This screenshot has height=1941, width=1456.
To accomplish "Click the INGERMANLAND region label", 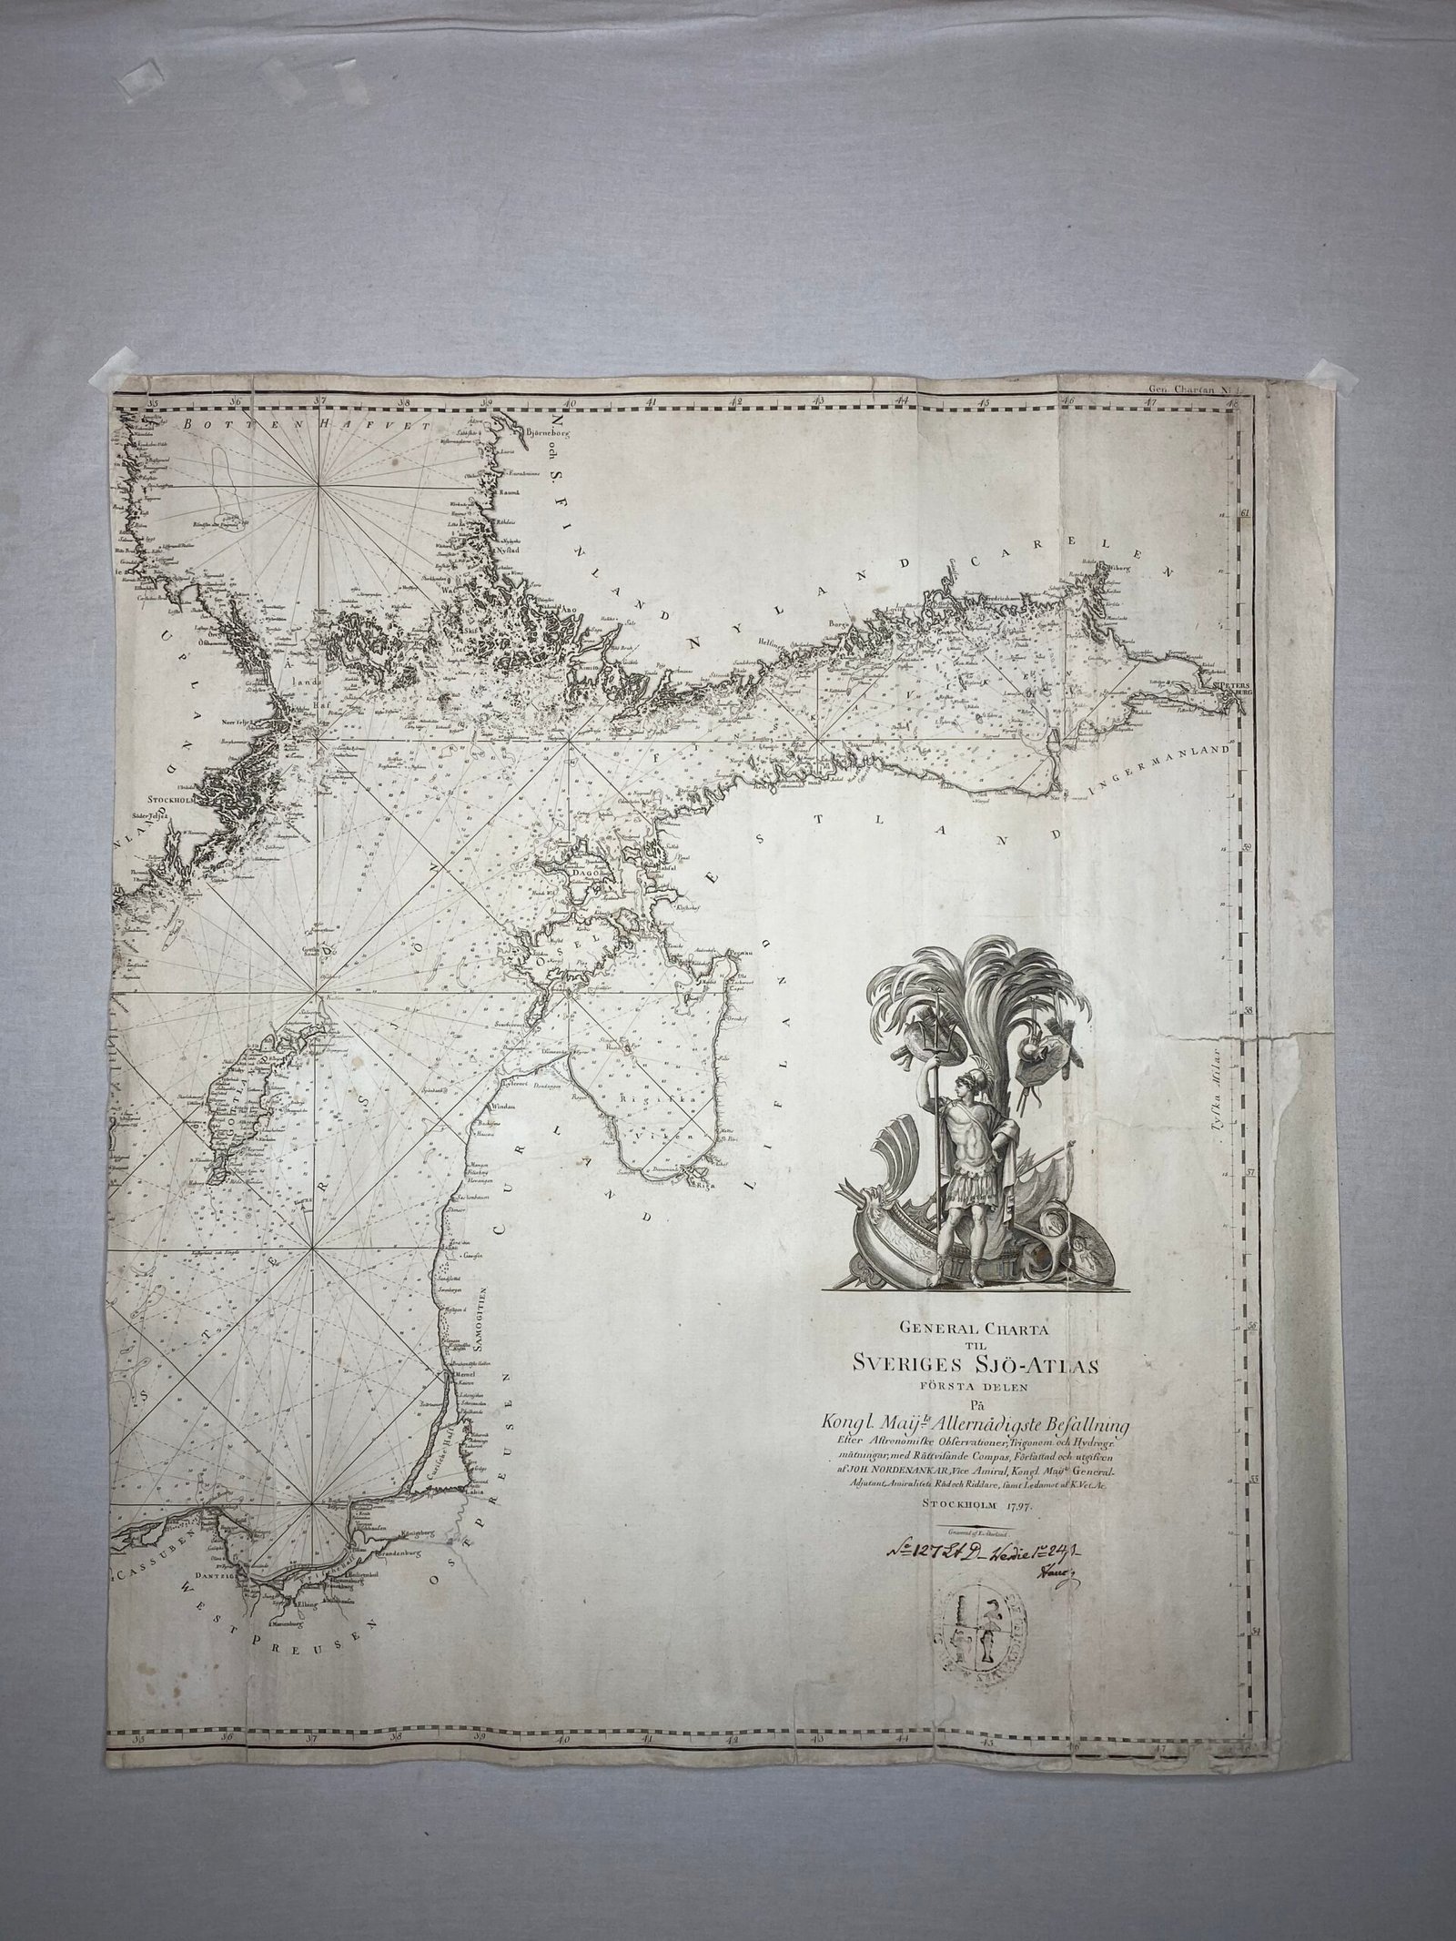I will pyautogui.click(x=1157, y=766).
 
